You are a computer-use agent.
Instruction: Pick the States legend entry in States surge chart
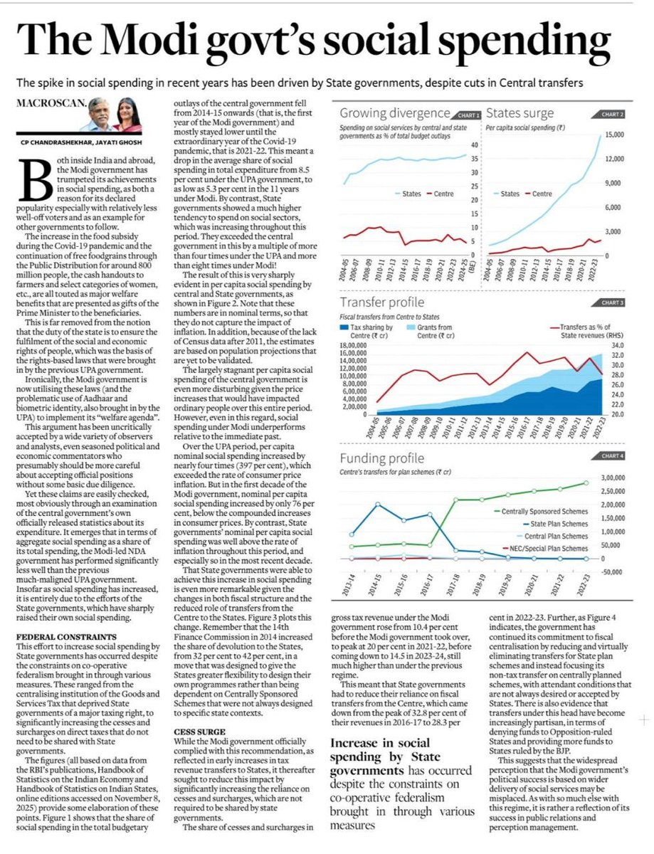click(510, 193)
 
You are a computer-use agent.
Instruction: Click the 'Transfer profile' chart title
click(376, 301)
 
